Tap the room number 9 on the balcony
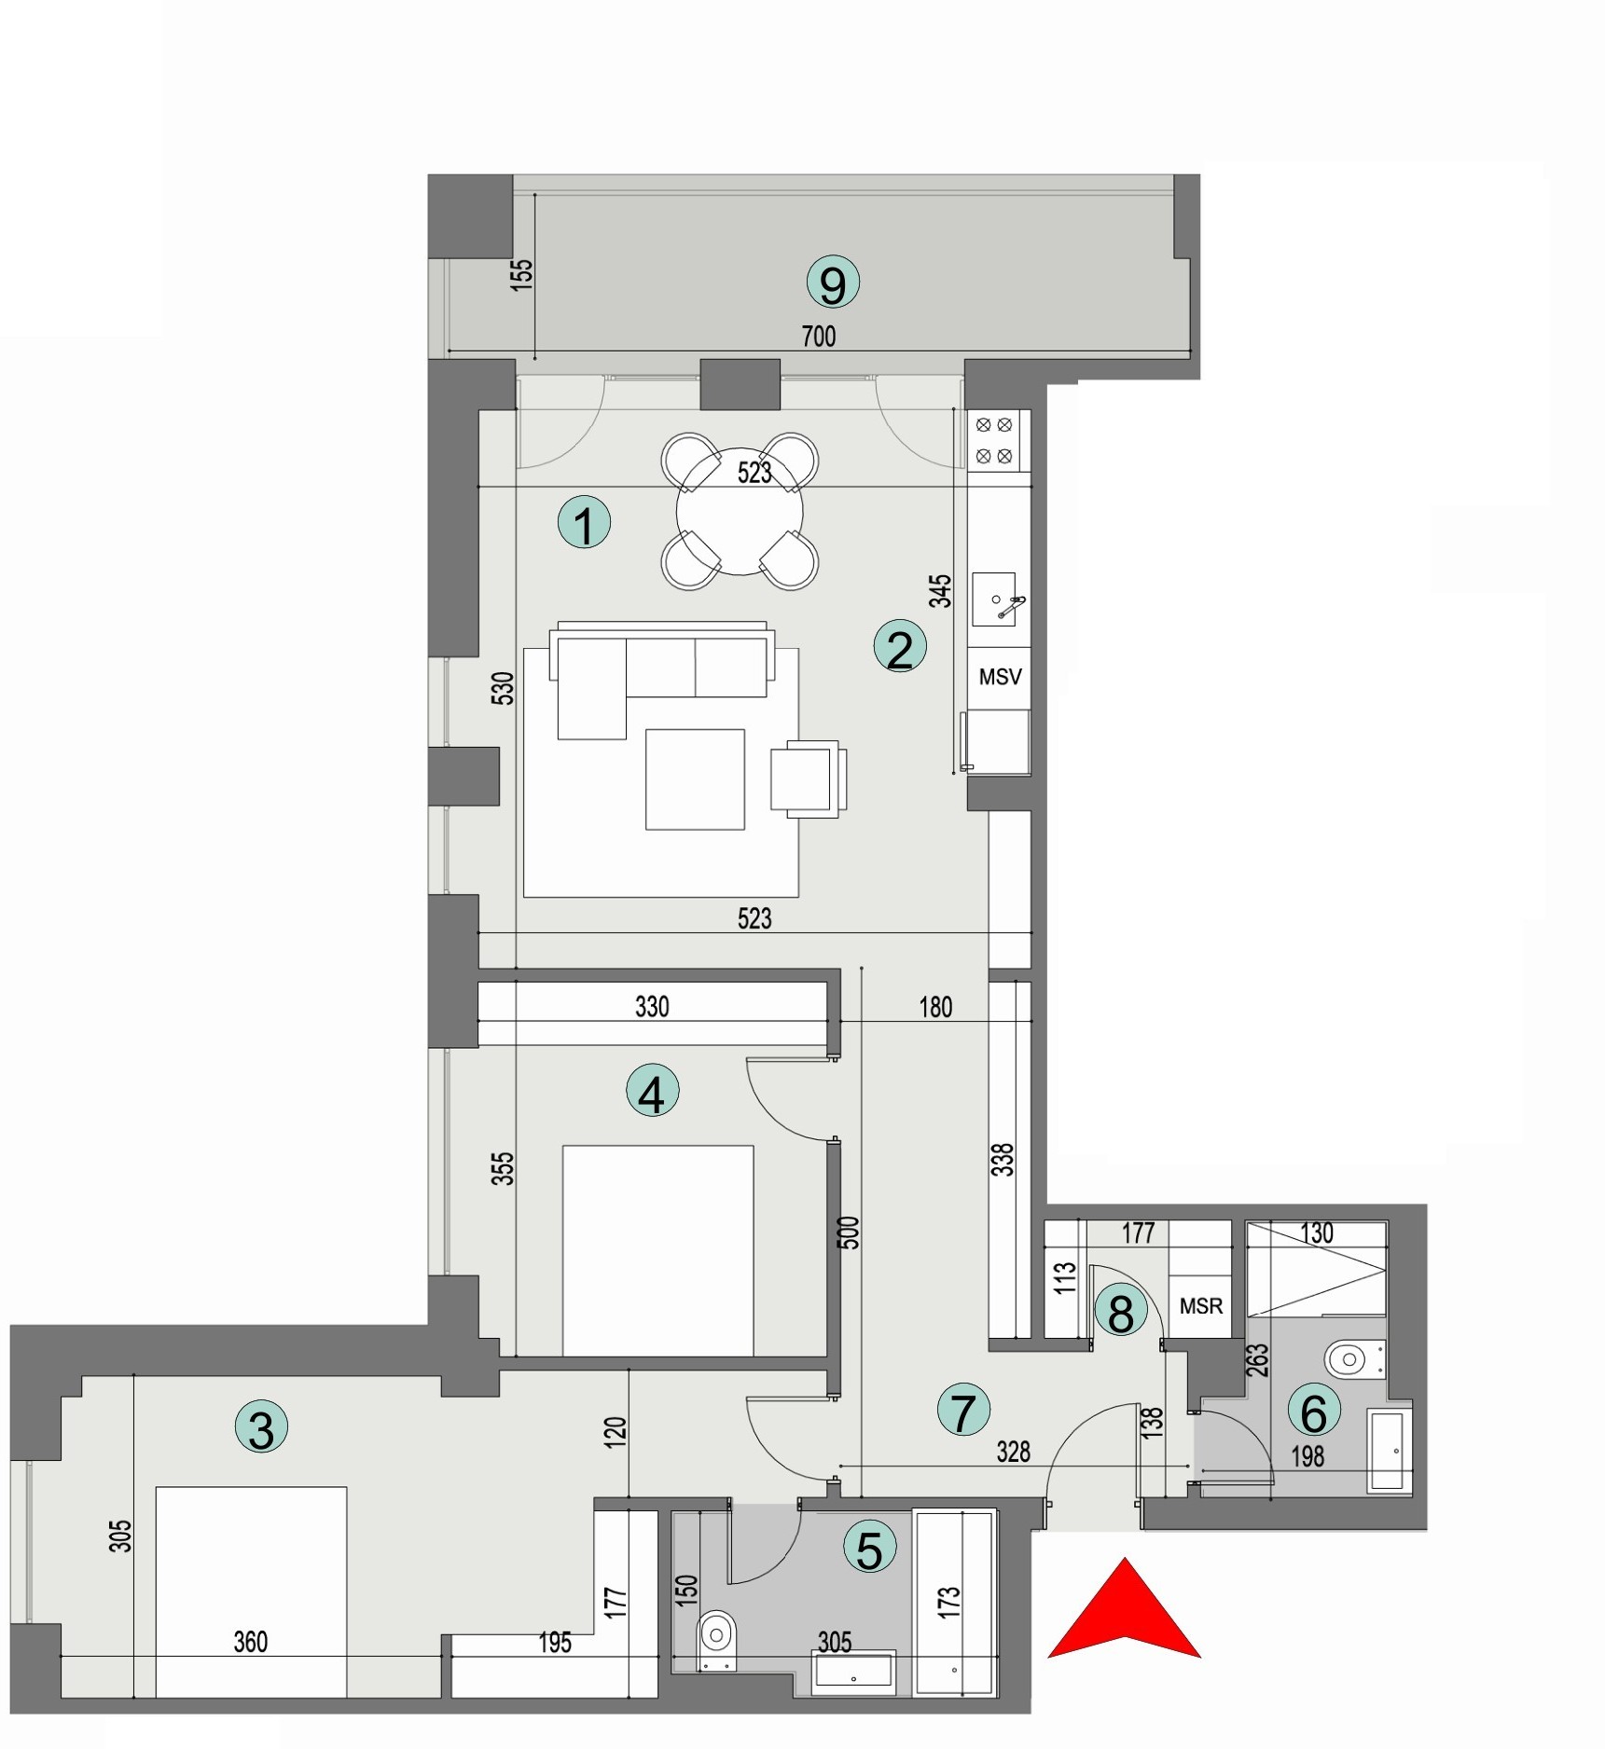[x=832, y=283]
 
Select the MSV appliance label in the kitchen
[x=1000, y=677]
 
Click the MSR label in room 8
[x=1200, y=1306]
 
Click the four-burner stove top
[x=993, y=440]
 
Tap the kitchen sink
[x=994, y=599]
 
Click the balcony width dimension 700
[x=819, y=336]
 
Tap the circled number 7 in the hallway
[x=962, y=1411]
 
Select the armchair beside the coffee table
[x=807, y=778]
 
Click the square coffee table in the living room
[x=695, y=779]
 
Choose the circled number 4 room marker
[x=652, y=1092]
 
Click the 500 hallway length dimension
[x=849, y=1233]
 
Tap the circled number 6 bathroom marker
[x=1313, y=1412]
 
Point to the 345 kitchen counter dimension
[x=940, y=591]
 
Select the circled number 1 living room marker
[x=584, y=522]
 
